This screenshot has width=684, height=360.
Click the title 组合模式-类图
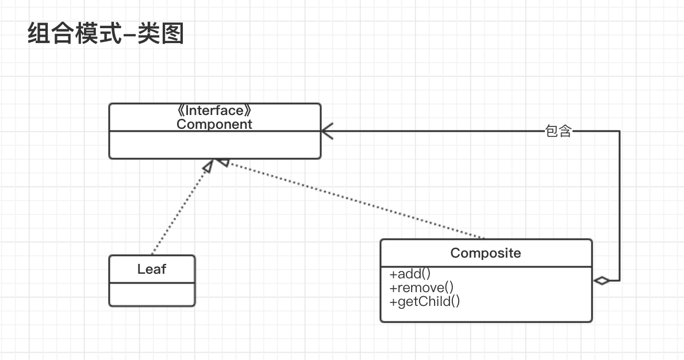(x=105, y=35)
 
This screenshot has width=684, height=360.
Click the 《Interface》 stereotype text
(x=214, y=111)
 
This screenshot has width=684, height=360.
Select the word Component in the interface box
(x=214, y=124)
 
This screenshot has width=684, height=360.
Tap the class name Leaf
(x=152, y=269)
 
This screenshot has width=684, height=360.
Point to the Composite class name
(x=486, y=253)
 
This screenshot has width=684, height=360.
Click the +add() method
(x=410, y=274)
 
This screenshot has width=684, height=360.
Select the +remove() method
(x=421, y=287)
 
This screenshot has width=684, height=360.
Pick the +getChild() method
(x=425, y=301)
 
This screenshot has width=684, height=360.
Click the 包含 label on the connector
(x=558, y=131)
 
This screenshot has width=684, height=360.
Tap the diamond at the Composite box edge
(x=601, y=281)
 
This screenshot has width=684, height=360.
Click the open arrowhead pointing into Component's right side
(x=326, y=131)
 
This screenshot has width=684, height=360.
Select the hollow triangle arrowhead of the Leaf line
(x=208, y=166)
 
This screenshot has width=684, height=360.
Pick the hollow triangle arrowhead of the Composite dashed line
(x=223, y=163)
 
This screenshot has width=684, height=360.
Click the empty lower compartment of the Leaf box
(x=152, y=294)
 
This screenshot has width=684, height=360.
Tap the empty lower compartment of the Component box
(x=214, y=144)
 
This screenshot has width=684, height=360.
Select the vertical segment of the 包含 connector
(x=620, y=207)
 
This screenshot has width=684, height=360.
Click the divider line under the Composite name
(x=486, y=267)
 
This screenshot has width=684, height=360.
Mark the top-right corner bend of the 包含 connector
(x=620, y=131)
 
